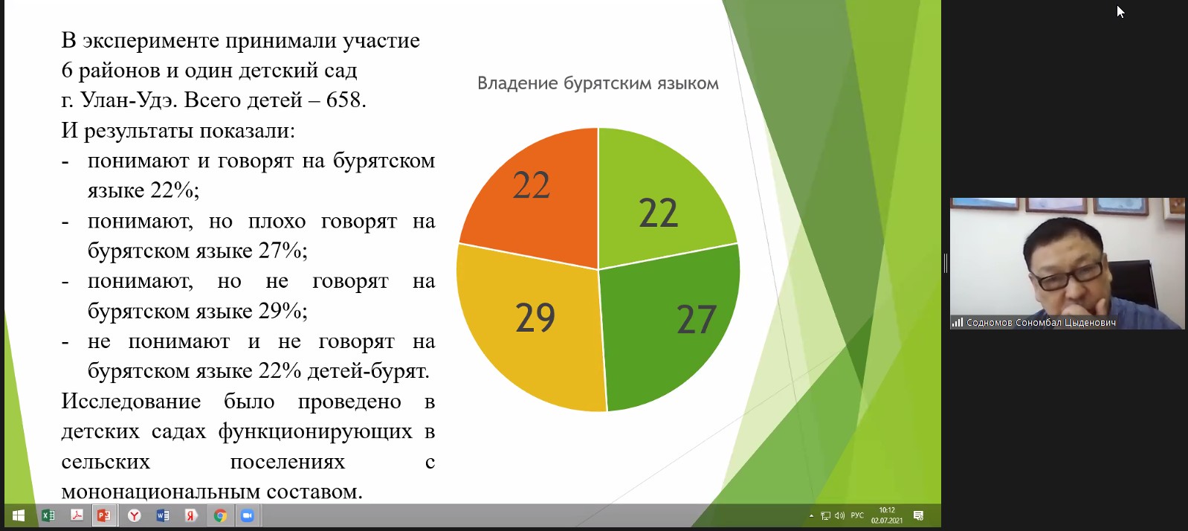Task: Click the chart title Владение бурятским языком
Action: click(x=598, y=83)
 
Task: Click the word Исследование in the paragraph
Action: click(x=131, y=401)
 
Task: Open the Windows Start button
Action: click(x=19, y=515)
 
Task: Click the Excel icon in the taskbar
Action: click(x=48, y=515)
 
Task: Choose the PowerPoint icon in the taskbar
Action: click(x=103, y=515)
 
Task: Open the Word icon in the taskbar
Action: click(x=163, y=515)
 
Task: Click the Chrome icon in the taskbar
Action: click(x=220, y=515)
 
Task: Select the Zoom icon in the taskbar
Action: click(x=247, y=515)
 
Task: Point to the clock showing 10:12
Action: click(x=887, y=510)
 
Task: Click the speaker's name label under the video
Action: click(x=1041, y=323)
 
